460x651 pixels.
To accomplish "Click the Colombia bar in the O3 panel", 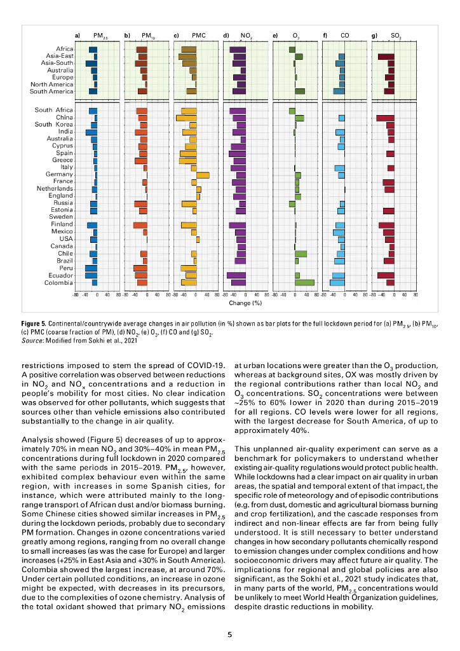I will click(x=304, y=282).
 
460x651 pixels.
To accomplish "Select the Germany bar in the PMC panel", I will click(x=203, y=175).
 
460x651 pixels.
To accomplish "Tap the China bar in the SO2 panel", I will click(x=385, y=118).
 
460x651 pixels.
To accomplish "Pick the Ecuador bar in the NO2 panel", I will click(x=236, y=275).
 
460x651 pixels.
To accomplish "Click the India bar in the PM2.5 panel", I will click(x=91, y=132).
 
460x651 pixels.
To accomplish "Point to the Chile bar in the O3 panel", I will click(x=301, y=254).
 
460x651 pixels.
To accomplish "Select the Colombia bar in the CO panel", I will click(x=337, y=282).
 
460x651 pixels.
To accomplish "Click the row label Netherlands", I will click(x=54, y=189).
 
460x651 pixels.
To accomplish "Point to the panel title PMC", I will click(x=198, y=36).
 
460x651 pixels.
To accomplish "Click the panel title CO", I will click(x=345, y=36).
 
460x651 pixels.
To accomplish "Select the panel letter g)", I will click(x=374, y=36).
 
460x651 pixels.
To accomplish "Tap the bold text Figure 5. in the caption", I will click(x=34, y=324).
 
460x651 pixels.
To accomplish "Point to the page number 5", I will click(x=230, y=634).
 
